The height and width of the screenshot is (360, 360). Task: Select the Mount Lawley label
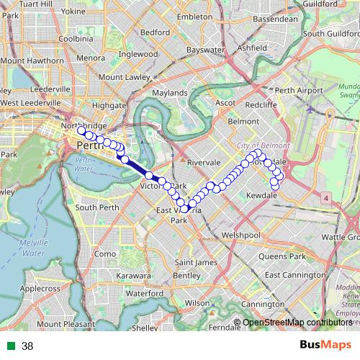[120, 77]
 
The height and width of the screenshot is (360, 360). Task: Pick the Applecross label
[40, 288]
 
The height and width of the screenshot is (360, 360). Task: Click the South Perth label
[97, 207]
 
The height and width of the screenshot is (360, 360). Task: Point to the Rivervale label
[203, 163]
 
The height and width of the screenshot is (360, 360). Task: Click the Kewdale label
[262, 196]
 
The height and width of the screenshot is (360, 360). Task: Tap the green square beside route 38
[9, 346]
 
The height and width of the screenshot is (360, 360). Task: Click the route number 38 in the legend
[27, 346]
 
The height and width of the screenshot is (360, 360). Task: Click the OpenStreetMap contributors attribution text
[297, 322]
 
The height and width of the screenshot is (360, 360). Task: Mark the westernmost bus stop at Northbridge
[81, 130]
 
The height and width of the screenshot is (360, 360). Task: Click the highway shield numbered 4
[325, 197]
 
